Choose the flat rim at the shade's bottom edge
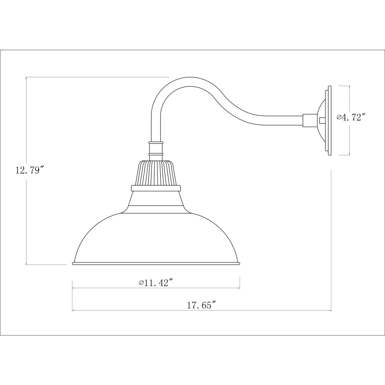point(156,263)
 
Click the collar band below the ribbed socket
point(156,188)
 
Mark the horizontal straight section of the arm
point(279,121)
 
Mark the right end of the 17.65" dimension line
point(331,311)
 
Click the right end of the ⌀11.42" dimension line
point(239,288)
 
